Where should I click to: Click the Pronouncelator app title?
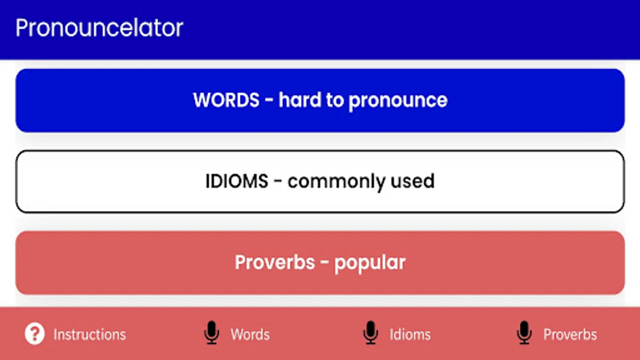(99, 28)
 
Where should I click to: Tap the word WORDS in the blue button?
(226, 100)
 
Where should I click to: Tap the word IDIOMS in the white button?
(237, 181)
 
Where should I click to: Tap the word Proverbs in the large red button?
(275, 262)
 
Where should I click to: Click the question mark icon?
(34, 334)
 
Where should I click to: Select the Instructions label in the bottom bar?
(90, 334)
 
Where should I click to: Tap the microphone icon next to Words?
(212, 332)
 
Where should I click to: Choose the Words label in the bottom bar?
(250, 334)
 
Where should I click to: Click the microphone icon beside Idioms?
(370, 332)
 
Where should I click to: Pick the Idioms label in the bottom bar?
(410, 334)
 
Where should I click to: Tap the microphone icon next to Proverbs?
(524, 332)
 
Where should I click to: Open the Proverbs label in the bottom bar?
(570, 334)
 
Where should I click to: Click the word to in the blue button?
(335, 100)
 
